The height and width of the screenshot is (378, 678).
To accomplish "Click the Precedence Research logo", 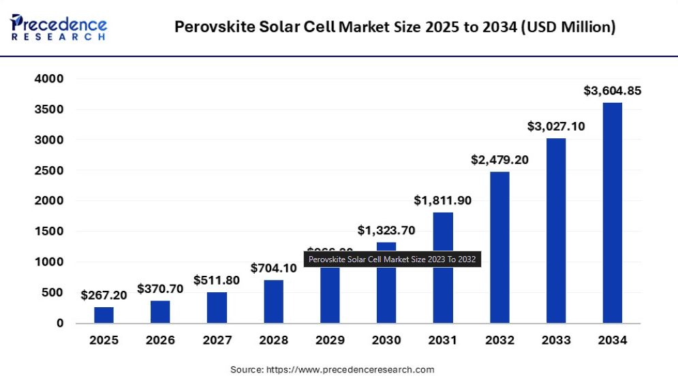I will tap(59, 26).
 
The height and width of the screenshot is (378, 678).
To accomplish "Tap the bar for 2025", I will tap(104, 315).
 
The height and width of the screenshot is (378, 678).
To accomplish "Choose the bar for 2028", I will tap(273, 301).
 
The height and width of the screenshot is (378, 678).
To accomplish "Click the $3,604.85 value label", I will tap(612, 91).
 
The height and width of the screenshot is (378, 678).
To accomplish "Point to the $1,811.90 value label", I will tap(443, 200).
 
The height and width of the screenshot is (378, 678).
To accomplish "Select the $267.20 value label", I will tap(104, 295).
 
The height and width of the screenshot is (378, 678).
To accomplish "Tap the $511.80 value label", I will tap(217, 280).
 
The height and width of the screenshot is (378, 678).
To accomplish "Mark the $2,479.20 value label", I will tap(499, 160).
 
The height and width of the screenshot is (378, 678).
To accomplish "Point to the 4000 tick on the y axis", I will tap(48, 79).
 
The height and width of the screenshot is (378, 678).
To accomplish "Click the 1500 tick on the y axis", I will tap(48, 232).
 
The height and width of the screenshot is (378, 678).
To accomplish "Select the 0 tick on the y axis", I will tap(60, 323).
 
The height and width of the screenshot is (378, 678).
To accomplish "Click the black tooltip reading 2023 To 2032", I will tap(392, 259).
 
